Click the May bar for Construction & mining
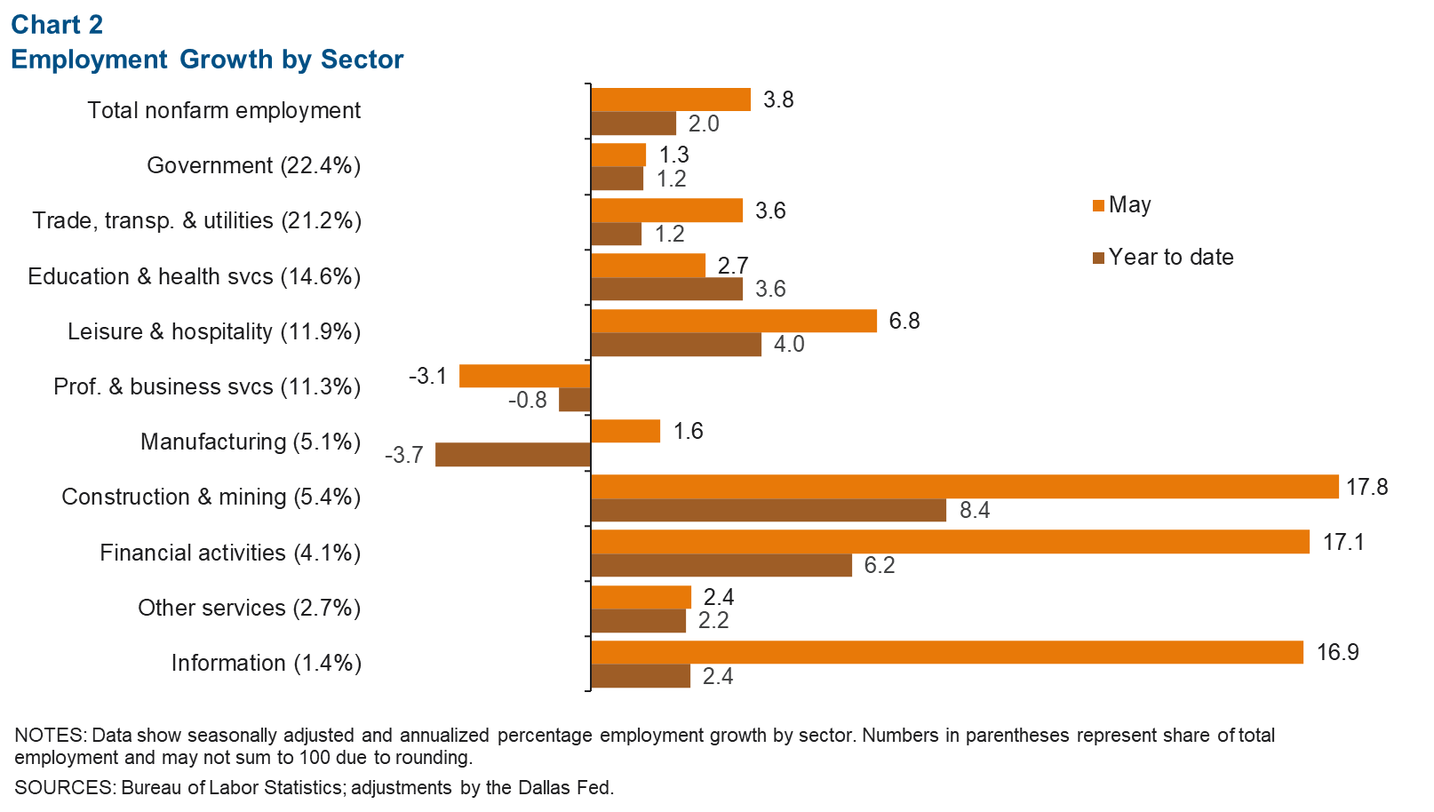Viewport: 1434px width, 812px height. [964, 487]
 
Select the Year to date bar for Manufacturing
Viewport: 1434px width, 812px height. [513, 455]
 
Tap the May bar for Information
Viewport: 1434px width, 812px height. [946, 652]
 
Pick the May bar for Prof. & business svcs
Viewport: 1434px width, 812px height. [524, 376]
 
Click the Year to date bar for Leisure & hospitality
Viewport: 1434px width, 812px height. [675, 345]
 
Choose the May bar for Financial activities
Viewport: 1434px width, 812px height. [950, 542]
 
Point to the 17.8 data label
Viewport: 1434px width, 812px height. [1366, 487]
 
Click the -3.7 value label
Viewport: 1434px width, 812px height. [404, 456]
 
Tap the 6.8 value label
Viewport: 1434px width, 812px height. [904, 321]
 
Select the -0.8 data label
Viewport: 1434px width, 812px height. [528, 401]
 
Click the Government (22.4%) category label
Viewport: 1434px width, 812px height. [254, 166]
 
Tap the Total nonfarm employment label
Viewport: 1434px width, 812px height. [224, 111]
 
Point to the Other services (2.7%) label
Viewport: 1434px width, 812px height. [249, 609]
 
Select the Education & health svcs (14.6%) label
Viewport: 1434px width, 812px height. [195, 277]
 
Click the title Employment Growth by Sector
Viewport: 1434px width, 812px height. [207, 60]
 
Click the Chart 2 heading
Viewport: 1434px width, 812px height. [57, 25]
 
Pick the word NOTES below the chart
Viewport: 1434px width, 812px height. [49, 736]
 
